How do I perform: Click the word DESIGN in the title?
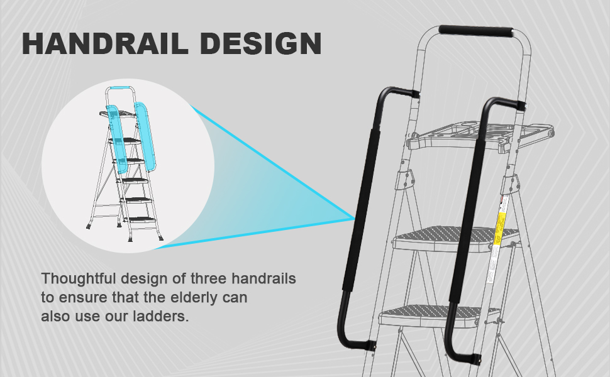pos(267,43)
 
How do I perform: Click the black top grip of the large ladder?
pos(476,31)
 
